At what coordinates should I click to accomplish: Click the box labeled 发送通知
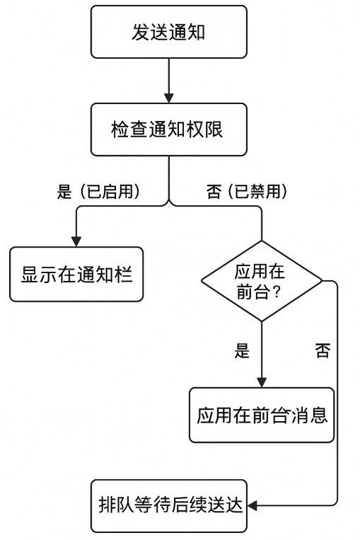click(x=168, y=32)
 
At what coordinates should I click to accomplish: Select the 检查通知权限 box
click(x=168, y=130)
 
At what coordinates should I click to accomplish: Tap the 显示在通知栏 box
click(x=76, y=274)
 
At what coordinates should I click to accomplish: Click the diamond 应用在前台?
click(x=262, y=281)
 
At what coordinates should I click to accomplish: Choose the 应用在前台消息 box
click(x=262, y=415)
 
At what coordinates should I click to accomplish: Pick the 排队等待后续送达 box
click(x=168, y=505)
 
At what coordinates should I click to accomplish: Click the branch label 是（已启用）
click(x=100, y=192)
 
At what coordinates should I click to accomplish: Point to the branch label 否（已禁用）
click(x=248, y=192)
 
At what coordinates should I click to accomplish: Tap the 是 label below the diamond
click(x=242, y=351)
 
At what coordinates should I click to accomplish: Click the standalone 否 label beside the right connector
click(x=323, y=351)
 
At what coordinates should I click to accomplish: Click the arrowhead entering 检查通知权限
click(x=168, y=98)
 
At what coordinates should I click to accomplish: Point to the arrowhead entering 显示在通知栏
click(x=76, y=242)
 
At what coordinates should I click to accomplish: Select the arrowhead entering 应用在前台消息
click(x=262, y=383)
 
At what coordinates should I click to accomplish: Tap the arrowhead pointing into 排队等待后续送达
click(x=252, y=505)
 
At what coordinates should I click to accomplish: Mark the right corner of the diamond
click(x=322, y=281)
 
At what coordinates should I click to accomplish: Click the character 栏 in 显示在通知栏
click(x=124, y=275)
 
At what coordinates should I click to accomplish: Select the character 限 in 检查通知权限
click(x=214, y=130)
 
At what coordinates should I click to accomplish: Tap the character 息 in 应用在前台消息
click(x=319, y=415)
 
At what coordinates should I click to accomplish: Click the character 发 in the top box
click(x=141, y=32)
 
